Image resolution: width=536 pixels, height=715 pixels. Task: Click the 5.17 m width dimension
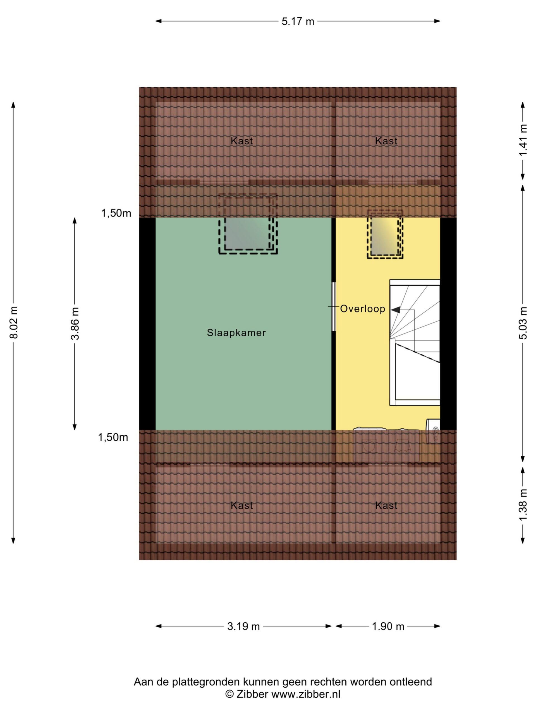pos(298,21)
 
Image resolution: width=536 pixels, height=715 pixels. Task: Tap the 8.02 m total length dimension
pos(14,322)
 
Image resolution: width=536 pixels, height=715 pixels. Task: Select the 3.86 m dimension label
pos(75,323)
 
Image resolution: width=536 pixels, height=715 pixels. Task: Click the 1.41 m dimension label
pos(523,140)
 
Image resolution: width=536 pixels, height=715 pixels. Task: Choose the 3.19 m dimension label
pos(243,626)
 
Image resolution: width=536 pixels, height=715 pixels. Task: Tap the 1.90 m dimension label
pos(388,626)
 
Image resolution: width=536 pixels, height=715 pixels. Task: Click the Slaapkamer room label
pos(236,333)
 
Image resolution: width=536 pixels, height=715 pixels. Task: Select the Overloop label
pos(363,309)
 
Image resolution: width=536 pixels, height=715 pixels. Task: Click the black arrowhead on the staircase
pos(396,310)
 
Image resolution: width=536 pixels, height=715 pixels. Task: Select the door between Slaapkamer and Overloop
pos(333,306)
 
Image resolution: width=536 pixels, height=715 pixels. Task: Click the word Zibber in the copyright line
pos(252,694)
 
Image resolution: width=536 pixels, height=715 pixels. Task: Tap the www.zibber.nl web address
pos(306,694)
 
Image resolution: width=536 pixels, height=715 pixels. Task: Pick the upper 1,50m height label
pos(116,213)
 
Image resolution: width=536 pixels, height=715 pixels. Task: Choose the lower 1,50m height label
pos(113,437)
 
